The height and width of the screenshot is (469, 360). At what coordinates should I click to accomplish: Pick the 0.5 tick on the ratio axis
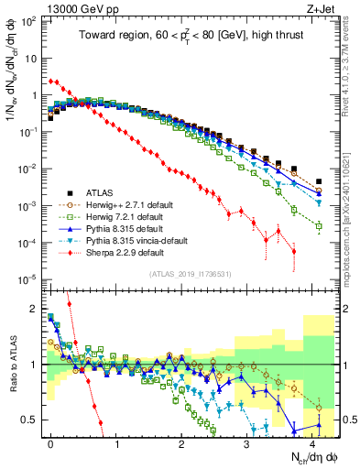pos(33,420)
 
